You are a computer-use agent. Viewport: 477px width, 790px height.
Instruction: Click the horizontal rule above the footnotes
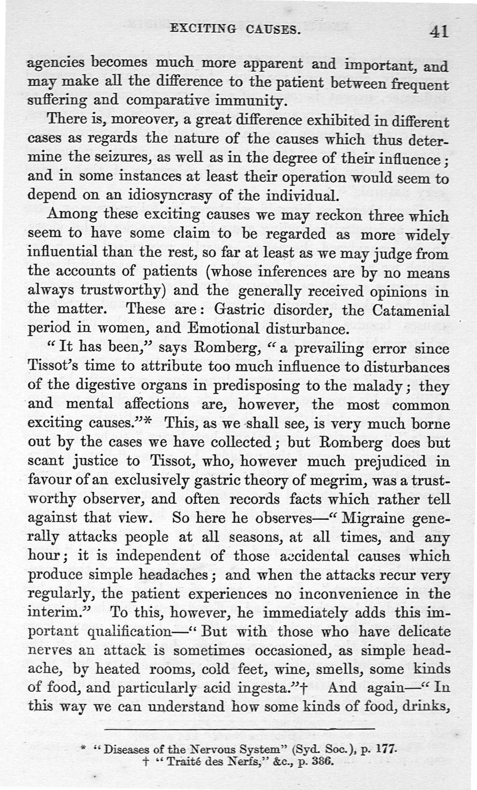pyautogui.click(x=238, y=729)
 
